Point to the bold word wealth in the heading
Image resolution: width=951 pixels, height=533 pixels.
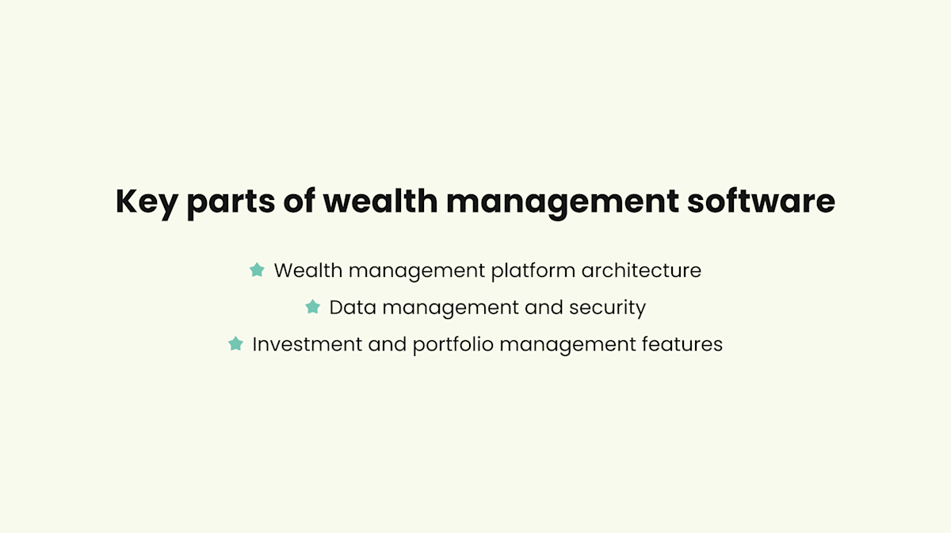coord(380,201)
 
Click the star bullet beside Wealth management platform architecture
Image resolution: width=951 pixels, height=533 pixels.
coord(257,270)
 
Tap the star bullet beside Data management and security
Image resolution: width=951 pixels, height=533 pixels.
coord(312,306)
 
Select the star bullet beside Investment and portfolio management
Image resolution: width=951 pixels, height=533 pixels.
coord(235,343)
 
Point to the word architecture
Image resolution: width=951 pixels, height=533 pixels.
coord(641,270)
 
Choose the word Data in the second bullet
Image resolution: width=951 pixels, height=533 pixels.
coord(352,307)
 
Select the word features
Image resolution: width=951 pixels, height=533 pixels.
coord(684,344)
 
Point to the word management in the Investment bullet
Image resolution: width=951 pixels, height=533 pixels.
coord(568,345)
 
